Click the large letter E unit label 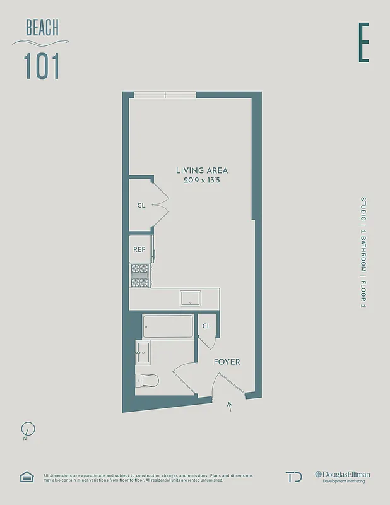tap(363, 43)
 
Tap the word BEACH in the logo tap(42, 28)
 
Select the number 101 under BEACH tap(42, 66)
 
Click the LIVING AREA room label tap(202, 170)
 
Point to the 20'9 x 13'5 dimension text tap(202, 181)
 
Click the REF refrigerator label tap(139, 249)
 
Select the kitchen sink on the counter tap(190, 297)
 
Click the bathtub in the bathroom tap(168, 326)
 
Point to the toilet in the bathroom tap(147, 381)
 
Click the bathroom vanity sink tap(142, 352)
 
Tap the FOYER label tap(227, 362)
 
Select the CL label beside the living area tap(141, 205)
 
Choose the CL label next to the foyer tap(206, 326)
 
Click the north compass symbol tap(28, 430)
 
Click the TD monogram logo tap(293, 477)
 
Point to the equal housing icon tap(26, 477)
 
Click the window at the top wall tap(165, 95)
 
